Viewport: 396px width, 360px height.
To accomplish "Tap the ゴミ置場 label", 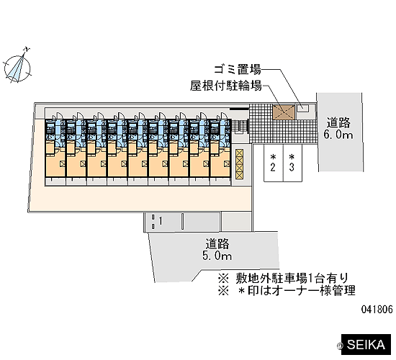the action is (238, 69).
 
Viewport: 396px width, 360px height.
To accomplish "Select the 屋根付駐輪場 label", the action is (226, 86).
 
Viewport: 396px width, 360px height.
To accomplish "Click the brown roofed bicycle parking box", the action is (284, 112).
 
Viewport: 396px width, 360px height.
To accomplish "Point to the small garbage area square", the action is (303, 108).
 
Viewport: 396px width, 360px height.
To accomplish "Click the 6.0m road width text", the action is (338, 135).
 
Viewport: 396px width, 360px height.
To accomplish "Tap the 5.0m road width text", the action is (217, 256).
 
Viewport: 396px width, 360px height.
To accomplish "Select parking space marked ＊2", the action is (274, 163).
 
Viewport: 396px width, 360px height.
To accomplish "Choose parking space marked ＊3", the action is (292, 163).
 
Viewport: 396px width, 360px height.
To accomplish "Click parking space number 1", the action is (163, 222).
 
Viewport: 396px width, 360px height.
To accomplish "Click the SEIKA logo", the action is (366, 345).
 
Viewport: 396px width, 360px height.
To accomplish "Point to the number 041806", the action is (377, 309).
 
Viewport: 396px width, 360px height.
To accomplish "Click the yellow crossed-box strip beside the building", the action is (239, 164).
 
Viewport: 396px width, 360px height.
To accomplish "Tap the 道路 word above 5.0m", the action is (217, 244).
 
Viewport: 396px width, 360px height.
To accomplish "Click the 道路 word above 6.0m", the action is (338, 123).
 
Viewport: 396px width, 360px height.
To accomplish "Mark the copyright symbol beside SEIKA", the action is (338, 346).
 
